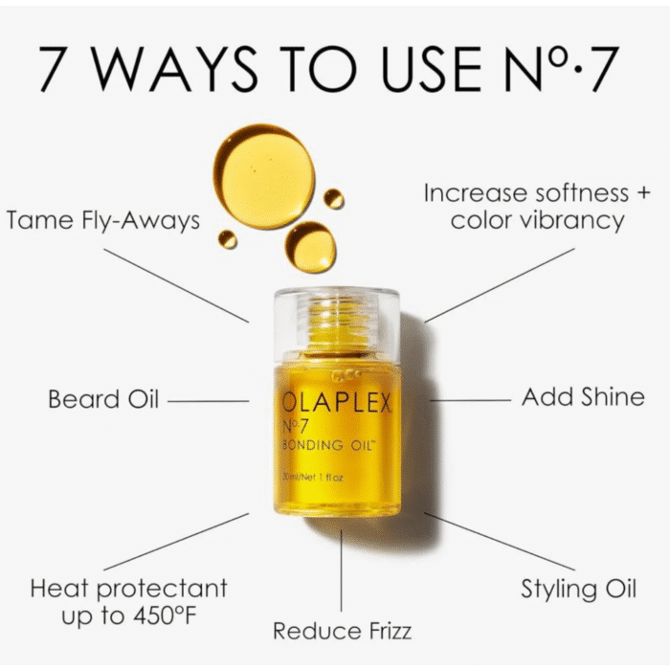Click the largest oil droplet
[x=264, y=176]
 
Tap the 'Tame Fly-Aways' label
[x=103, y=221]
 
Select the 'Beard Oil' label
[x=103, y=399]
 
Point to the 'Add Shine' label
[x=583, y=397]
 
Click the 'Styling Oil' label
[x=578, y=590]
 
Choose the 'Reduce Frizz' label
[x=343, y=631]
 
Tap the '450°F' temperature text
[x=165, y=616]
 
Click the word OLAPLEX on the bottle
[x=337, y=403]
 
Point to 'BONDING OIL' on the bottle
[x=327, y=445]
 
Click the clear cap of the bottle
[x=337, y=324]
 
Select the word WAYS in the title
[x=175, y=69]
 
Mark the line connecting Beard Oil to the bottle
[x=208, y=401]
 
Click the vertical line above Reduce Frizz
[x=341, y=570]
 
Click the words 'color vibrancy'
[x=537, y=221]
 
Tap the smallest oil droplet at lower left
[x=228, y=239]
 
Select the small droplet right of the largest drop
[x=334, y=199]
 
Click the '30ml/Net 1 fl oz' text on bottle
[x=313, y=478]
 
